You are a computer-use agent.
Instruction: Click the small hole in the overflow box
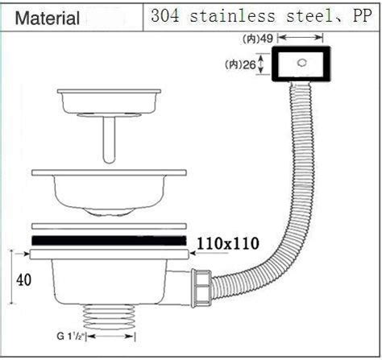pos(301,63)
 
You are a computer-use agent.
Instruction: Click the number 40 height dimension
pos(25,280)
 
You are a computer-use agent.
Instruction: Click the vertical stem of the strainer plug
pos(110,136)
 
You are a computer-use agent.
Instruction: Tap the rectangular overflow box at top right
pos(300,64)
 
